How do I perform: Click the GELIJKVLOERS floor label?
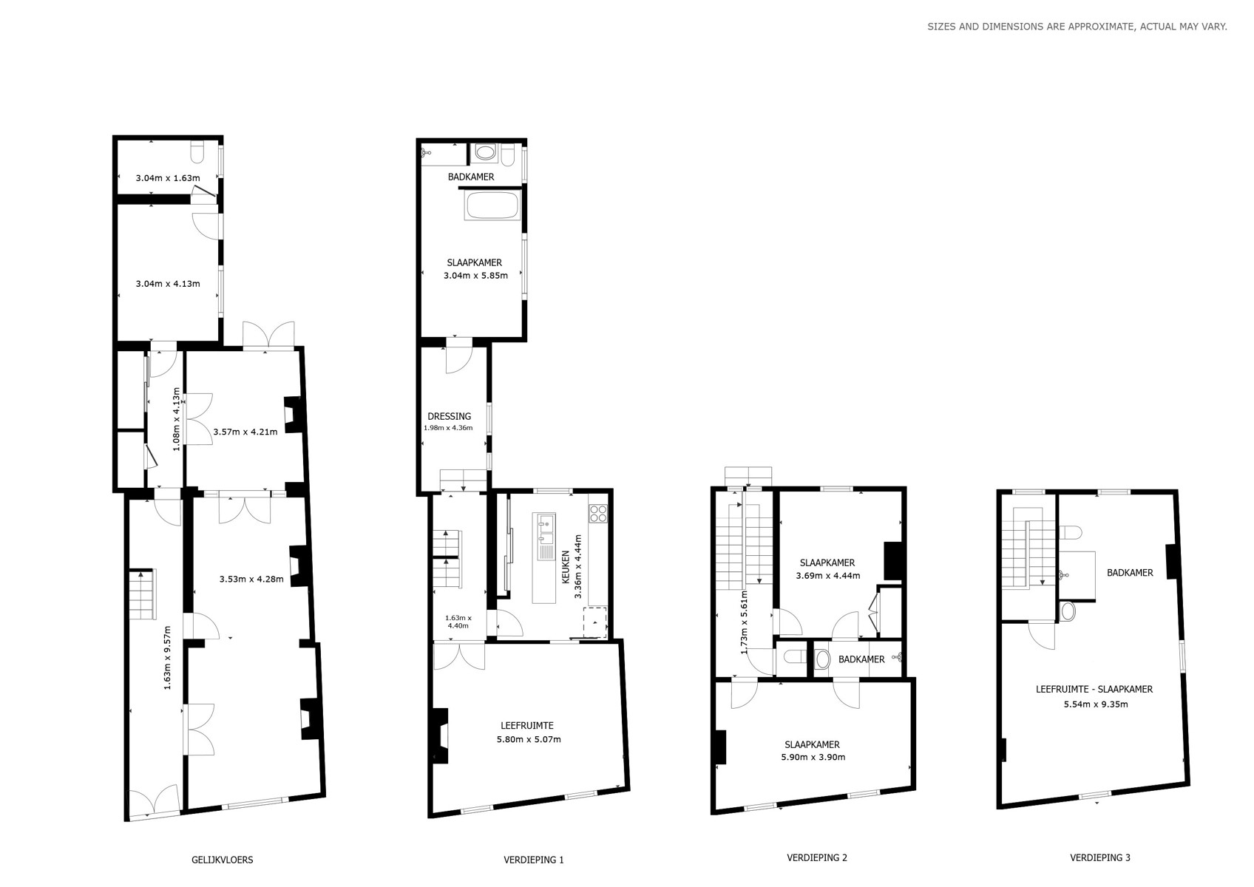tap(223, 860)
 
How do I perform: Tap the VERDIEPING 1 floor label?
tap(534, 860)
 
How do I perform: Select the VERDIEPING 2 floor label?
tap(817, 857)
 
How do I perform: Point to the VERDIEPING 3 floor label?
tap(1100, 857)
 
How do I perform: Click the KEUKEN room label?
tap(566, 568)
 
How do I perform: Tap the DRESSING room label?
tap(449, 416)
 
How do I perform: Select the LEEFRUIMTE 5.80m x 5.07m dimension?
tap(529, 739)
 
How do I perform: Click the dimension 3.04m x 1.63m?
tap(167, 178)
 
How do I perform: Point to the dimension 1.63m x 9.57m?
tap(167, 658)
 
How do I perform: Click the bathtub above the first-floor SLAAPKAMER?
tap(492, 205)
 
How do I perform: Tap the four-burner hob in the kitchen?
tap(598, 513)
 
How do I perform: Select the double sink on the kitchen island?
tap(546, 536)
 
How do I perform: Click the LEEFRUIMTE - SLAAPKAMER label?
tap(1094, 690)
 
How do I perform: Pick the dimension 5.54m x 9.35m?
tap(1096, 704)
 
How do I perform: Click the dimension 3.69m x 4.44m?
tap(828, 575)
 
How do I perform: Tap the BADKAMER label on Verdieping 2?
tap(861, 659)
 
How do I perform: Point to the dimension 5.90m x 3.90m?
tap(813, 757)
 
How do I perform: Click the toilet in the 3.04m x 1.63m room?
tap(198, 152)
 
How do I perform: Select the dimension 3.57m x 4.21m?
tap(245, 432)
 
